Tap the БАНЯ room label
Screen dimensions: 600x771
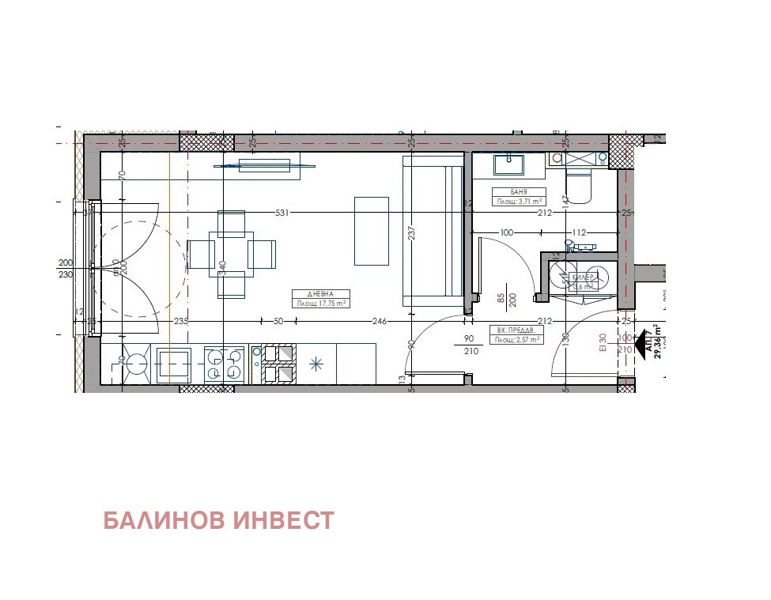[x=518, y=192]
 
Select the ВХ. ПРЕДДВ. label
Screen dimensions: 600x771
[x=516, y=330]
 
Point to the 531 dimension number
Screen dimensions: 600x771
[x=283, y=213]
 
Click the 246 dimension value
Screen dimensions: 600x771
[x=379, y=321]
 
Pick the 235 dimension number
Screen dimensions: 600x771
[x=181, y=321]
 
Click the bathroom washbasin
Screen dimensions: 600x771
[x=509, y=164]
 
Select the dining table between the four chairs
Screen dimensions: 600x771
[x=231, y=254]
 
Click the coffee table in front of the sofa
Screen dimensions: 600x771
[x=371, y=230]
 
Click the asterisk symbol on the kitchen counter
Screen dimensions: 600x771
[x=316, y=364]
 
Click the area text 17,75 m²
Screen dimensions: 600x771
[x=321, y=303]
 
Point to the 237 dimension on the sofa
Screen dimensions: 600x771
[x=411, y=234]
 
